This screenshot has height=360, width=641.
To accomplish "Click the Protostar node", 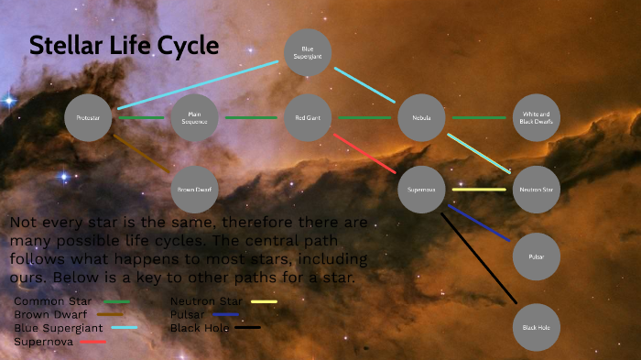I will (88, 118).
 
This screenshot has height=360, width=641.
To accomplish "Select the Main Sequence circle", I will (195, 118).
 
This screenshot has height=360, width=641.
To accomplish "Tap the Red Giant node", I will (308, 118).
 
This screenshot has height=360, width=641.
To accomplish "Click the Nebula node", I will (421, 118).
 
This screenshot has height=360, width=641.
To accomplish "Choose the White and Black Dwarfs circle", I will (535, 118).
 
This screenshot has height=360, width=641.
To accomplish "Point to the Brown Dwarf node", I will (195, 189).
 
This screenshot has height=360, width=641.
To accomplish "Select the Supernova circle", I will (421, 189).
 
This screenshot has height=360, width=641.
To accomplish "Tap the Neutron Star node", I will (535, 189).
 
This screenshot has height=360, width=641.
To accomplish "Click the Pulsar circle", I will (535, 257).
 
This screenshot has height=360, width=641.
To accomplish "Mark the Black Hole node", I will (535, 327).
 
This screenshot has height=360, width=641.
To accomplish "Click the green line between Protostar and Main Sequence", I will (141, 118).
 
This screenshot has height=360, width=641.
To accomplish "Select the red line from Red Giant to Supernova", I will (364, 153).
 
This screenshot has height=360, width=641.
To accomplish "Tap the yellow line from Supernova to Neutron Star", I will (478, 190).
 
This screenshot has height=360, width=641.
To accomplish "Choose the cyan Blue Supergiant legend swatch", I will (124, 327).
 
